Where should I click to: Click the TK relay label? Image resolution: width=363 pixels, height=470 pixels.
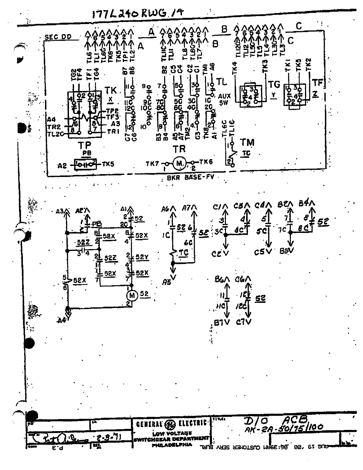tap(111, 91)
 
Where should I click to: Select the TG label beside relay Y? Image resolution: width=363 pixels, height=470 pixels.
tap(274, 85)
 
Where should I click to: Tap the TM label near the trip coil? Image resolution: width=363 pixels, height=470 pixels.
tap(247, 143)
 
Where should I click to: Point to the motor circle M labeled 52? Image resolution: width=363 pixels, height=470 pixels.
tap(131, 295)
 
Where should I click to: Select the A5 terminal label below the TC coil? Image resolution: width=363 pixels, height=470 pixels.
tap(167, 283)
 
